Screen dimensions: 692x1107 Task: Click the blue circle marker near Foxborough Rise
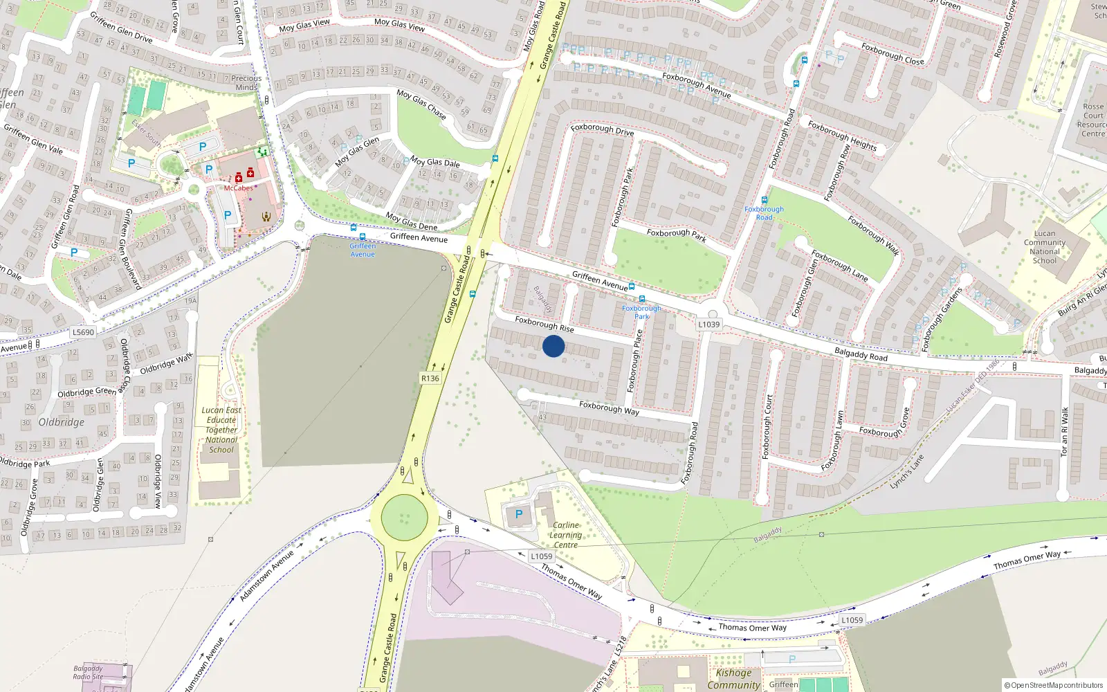tap(553, 346)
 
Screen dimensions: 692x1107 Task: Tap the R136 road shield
tap(430, 378)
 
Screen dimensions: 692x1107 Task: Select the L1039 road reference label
tap(708, 324)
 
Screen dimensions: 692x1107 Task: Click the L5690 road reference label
tap(83, 332)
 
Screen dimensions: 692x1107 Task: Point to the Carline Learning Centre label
tap(565, 535)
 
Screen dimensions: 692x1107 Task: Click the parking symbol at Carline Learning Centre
tap(519, 514)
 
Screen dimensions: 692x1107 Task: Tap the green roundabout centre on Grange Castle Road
tap(404, 517)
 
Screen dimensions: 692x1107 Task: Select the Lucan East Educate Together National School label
tap(221, 430)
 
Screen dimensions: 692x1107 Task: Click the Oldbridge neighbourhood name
tap(62, 422)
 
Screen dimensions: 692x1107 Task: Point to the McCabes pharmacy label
tap(238, 188)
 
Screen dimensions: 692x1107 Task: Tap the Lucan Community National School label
tap(1045, 247)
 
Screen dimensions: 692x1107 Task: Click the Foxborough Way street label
tap(609, 408)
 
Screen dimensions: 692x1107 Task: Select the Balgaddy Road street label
tap(861, 354)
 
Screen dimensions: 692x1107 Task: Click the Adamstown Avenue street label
tap(266, 575)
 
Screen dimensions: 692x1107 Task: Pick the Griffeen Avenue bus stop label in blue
tap(363, 250)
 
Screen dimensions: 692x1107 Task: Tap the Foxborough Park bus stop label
tap(641, 312)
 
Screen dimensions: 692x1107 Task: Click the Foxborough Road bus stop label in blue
tap(764, 213)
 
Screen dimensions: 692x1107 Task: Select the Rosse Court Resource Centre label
tap(1092, 120)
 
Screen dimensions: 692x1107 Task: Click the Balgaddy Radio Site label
tap(88, 673)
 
